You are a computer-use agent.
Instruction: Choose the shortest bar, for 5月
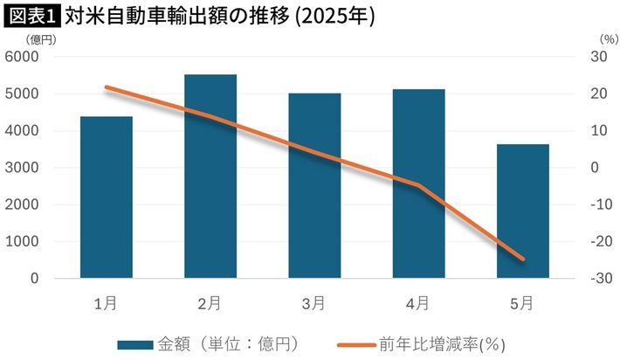point(522,211)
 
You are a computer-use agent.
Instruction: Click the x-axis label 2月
point(210,303)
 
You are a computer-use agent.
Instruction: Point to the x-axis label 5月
point(522,303)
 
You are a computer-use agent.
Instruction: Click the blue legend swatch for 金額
point(137,343)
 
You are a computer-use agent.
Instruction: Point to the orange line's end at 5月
point(522,259)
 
